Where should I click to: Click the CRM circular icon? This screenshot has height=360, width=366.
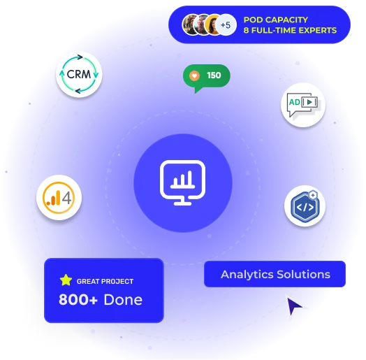79,74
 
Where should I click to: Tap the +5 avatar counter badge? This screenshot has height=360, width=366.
226,24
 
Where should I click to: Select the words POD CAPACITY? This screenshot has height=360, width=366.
276,20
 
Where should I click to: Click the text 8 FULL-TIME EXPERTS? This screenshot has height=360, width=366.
290,30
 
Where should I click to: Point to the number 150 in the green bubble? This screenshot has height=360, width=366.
214,75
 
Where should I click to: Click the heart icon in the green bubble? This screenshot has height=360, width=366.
194,75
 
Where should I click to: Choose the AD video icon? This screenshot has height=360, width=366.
303,105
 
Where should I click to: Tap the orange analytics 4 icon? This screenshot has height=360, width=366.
59,197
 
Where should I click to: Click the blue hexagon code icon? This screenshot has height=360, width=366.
305,206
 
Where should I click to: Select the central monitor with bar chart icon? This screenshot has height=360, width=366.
183,182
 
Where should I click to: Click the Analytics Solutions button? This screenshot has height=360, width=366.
274,274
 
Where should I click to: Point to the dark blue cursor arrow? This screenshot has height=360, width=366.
293,305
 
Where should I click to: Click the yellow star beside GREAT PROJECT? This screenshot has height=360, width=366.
66,280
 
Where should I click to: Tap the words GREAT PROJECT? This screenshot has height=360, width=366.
105,281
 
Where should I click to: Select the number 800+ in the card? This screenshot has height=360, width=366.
78,299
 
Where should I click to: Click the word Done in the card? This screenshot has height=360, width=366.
123,299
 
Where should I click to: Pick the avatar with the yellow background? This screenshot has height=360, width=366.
213,24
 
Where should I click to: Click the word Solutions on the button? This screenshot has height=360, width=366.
303,274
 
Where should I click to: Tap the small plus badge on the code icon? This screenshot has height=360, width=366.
313,195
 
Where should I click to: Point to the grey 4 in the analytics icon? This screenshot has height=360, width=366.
67,198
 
